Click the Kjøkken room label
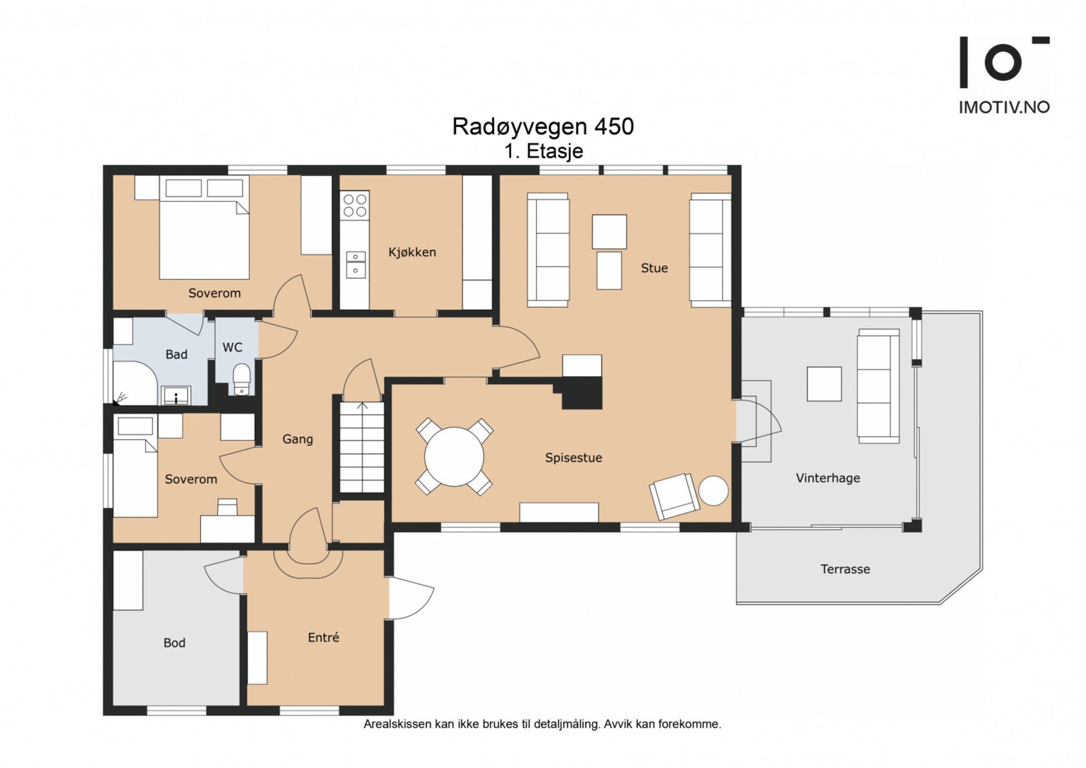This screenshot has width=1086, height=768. pyautogui.click(x=412, y=253)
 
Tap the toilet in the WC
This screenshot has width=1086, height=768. pyautogui.click(x=242, y=380)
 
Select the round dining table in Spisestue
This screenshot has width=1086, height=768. pyautogui.click(x=454, y=456)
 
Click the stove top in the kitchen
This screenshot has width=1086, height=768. pyautogui.click(x=355, y=206)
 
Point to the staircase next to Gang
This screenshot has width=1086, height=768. pyautogui.click(x=362, y=447)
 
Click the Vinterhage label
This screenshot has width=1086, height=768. pyautogui.click(x=827, y=478)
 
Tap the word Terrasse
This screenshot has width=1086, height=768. pyautogui.click(x=845, y=569)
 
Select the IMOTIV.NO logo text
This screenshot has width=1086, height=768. pyautogui.click(x=1004, y=107)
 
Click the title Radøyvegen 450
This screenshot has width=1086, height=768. pyautogui.click(x=543, y=127)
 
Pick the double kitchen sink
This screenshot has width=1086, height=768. pyautogui.click(x=356, y=265)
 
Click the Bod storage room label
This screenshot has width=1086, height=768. pyautogui.click(x=174, y=643)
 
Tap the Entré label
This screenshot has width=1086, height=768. pyautogui.click(x=323, y=638)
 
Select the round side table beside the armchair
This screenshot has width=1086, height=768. pyautogui.click(x=713, y=490)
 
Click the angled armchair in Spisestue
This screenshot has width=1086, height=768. pyautogui.click(x=675, y=496)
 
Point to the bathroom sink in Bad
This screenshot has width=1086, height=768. pyautogui.click(x=176, y=395)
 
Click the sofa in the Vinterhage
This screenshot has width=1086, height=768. pyautogui.click(x=878, y=386)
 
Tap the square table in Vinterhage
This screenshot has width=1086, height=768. pyautogui.click(x=824, y=384)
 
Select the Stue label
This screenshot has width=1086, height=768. pyautogui.click(x=654, y=268)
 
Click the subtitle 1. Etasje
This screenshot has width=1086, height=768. pyautogui.click(x=544, y=151)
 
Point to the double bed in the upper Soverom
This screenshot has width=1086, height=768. pyautogui.click(x=204, y=227)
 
